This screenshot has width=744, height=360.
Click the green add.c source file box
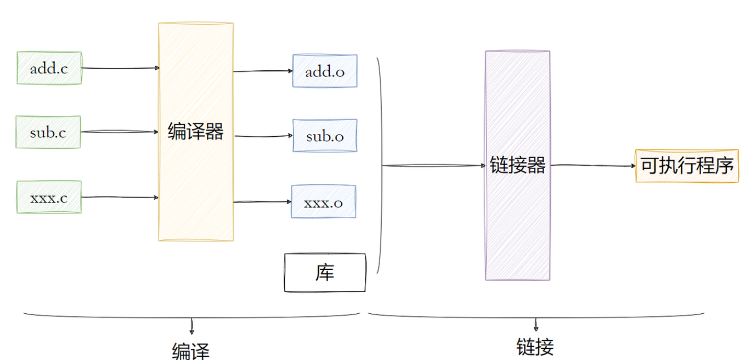49,68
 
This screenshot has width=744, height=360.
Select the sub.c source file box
48,132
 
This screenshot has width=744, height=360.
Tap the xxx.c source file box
49,197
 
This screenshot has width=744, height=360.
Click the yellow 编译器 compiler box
196,132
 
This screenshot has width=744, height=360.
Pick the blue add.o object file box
325,71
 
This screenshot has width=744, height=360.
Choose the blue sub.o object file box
325,136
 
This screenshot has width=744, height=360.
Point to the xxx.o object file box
324,201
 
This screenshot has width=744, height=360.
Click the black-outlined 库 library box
325,273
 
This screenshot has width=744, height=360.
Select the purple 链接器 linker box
517,166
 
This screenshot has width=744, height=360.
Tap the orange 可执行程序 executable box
687,166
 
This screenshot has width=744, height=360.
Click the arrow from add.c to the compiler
121,68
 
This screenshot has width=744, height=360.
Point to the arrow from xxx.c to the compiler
121,197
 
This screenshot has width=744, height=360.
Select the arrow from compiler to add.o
263,71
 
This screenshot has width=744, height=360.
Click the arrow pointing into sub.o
263,136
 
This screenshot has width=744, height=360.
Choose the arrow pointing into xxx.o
262,202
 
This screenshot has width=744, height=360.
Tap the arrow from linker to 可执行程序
593,165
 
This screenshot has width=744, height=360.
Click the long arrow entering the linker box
433,165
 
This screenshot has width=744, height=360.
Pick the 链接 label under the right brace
536,347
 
